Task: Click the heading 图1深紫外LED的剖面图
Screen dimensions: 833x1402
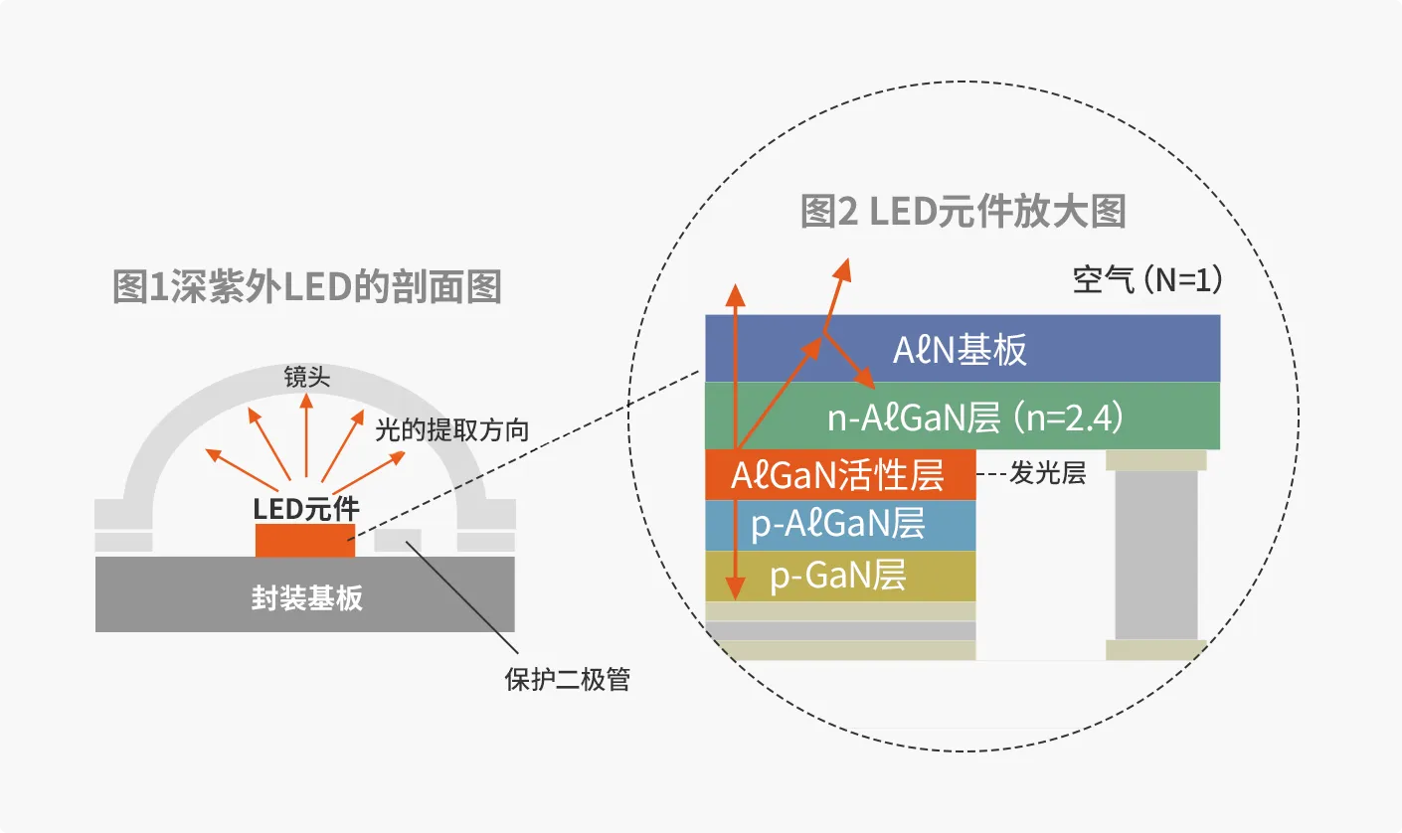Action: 307,286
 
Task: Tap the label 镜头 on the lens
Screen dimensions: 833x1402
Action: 306,377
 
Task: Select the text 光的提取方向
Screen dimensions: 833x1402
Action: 450,429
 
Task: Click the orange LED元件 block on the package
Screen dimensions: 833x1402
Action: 305,541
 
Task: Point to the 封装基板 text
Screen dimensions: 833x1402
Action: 305,597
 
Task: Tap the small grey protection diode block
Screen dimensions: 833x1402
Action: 398,540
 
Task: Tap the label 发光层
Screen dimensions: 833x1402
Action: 1047,474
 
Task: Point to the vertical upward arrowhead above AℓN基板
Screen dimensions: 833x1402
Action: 735,293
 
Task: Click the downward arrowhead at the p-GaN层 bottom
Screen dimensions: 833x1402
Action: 735,590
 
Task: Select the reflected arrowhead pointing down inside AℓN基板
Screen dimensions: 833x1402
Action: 865,380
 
